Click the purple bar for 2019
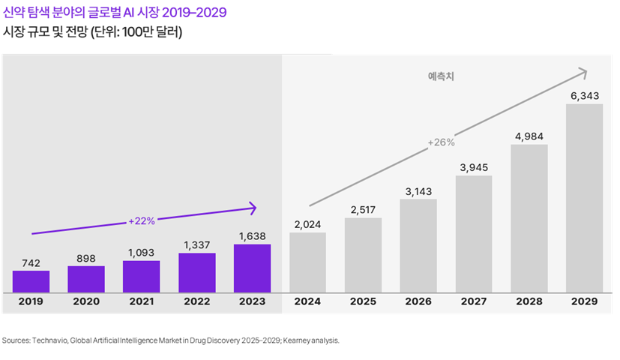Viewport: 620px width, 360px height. (x=31, y=281)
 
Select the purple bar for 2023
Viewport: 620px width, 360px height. (x=252, y=268)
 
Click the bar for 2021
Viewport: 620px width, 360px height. (x=142, y=276)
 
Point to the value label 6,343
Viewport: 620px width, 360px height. (x=584, y=95)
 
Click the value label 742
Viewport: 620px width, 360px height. (x=31, y=262)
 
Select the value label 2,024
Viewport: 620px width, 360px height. (x=307, y=223)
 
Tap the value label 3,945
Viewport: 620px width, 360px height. (x=473, y=167)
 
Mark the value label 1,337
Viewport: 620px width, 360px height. (x=197, y=244)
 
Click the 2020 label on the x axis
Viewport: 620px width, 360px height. (x=86, y=301)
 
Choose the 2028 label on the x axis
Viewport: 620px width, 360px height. (x=529, y=301)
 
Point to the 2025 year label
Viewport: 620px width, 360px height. (x=363, y=301)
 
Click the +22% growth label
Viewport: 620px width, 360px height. (x=141, y=221)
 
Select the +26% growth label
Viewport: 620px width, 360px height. (x=441, y=142)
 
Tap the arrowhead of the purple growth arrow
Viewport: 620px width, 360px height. (x=253, y=208)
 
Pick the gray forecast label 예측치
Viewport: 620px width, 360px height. (x=442, y=76)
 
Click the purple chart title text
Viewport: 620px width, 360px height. (x=115, y=13)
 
